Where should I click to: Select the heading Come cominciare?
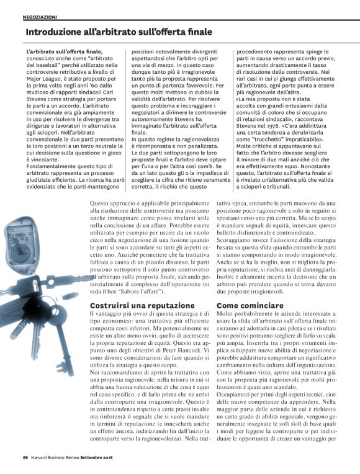tap(246, 306)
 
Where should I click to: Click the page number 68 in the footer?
tap(25, 458)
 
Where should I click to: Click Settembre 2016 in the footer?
tap(111, 458)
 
